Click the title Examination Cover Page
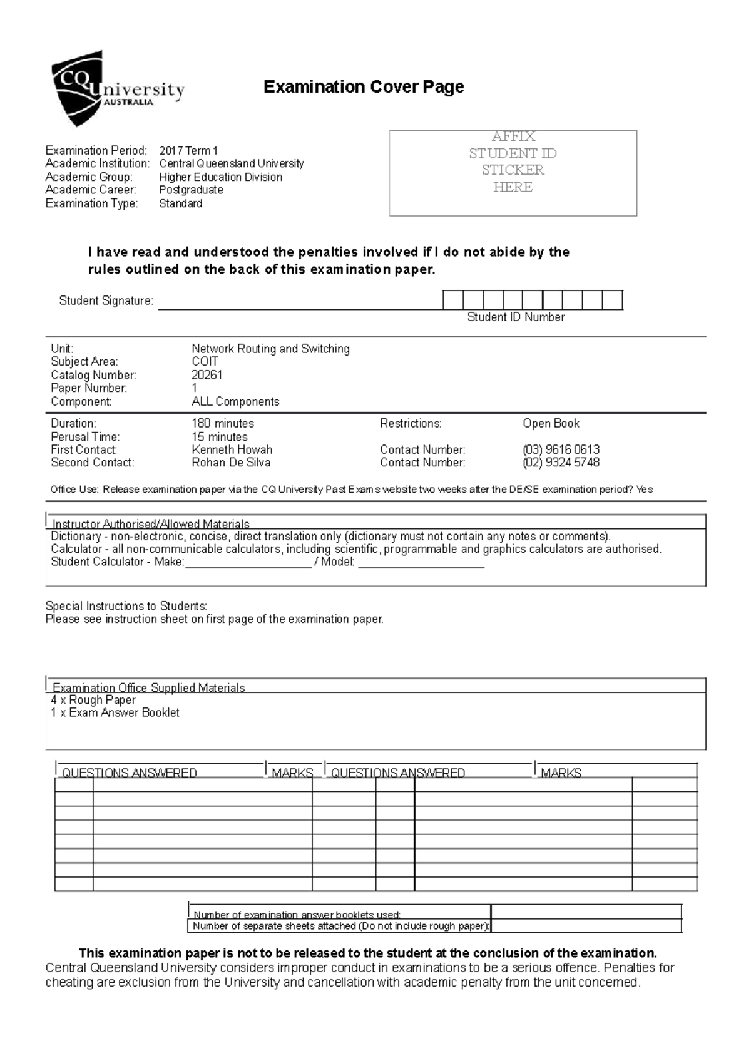(x=363, y=86)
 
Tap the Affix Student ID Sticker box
(x=513, y=173)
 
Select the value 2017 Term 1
(x=188, y=150)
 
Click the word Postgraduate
(x=191, y=190)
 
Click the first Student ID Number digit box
(x=452, y=300)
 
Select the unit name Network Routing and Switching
(x=270, y=349)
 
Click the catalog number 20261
(x=207, y=375)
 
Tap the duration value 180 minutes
(x=222, y=423)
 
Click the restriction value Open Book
(x=551, y=423)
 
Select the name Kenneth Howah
(x=232, y=449)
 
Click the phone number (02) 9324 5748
(x=561, y=463)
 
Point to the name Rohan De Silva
(x=231, y=463)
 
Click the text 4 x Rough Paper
(x=93, y=700)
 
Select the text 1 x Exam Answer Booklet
(x=115, y=712)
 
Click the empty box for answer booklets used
(x=586, y=912)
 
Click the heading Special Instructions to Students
(x=126, y=606)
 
